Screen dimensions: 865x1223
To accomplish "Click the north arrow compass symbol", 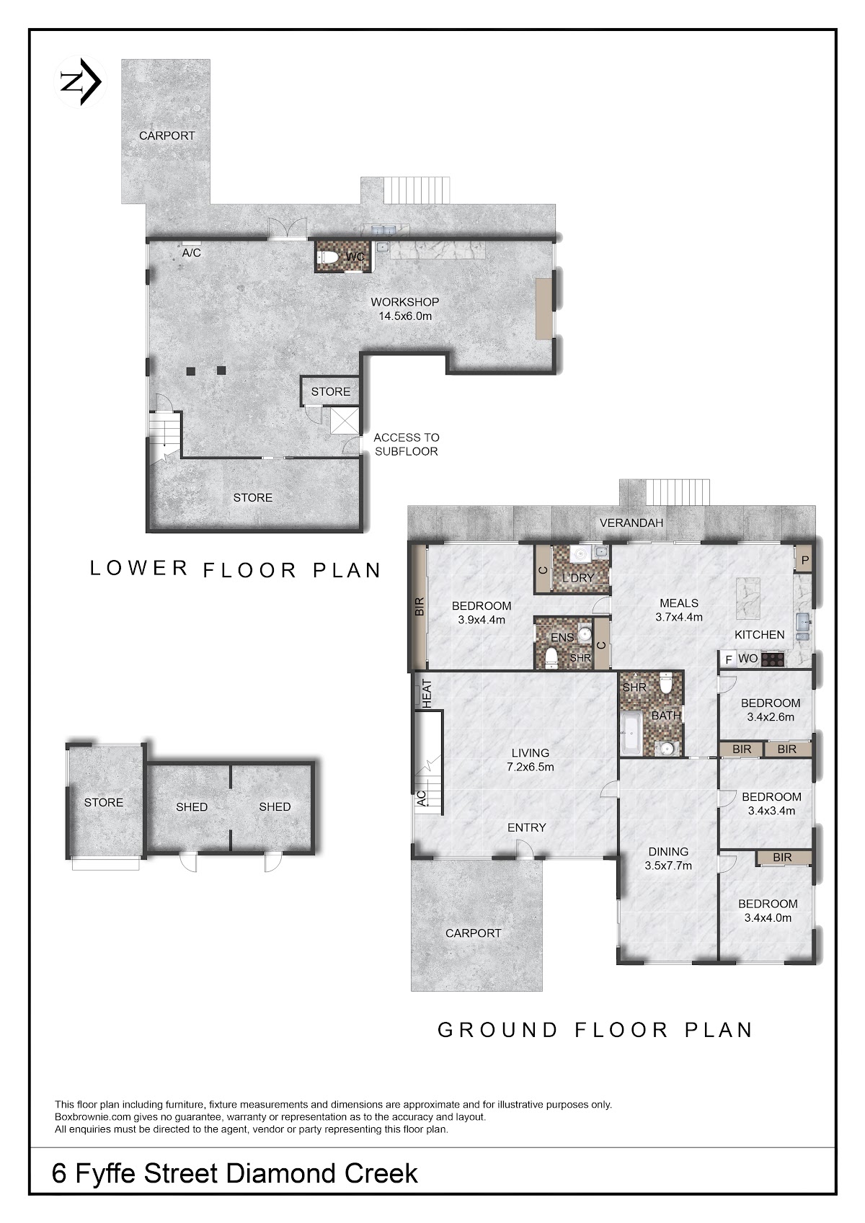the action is click(81, 82).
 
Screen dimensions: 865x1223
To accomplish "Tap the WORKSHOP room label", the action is click(404, 302).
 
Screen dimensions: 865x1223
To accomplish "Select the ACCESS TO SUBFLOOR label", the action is click(407, 445).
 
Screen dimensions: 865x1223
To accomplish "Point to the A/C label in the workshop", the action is click(191, 253).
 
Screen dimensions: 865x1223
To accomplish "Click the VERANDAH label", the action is click(631, 522).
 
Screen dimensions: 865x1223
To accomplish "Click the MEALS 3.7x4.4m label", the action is click(679, 610).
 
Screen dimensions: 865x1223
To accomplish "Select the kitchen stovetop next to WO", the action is click(772, 659).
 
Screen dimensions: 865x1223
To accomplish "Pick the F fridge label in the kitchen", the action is click(728, 659).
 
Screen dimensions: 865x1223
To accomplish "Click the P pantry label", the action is click(805, 560).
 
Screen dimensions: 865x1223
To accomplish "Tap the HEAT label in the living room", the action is click(427, 694).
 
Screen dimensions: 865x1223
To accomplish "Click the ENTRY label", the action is click(526, 827).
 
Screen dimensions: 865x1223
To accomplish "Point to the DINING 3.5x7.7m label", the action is click(668, 858).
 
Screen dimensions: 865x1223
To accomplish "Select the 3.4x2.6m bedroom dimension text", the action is click(771, 717).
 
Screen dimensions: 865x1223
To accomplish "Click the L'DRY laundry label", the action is click(578, 578).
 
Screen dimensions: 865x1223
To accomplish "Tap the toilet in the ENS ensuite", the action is click(551, 657).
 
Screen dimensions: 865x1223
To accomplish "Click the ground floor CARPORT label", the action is click(473, 933).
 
